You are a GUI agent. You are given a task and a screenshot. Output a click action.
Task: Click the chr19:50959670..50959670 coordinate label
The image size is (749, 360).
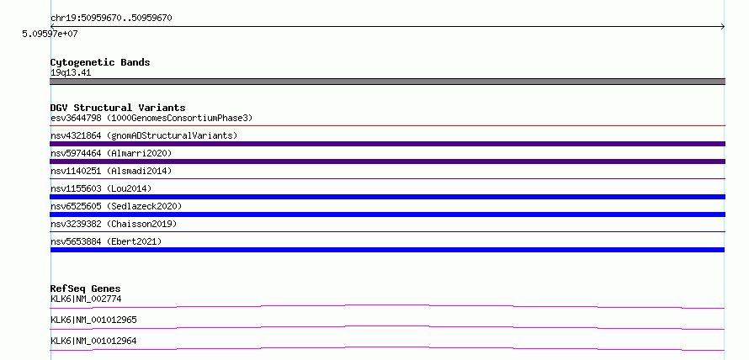click(111, 19)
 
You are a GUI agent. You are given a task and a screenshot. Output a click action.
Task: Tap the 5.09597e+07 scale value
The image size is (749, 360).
click(50, 34)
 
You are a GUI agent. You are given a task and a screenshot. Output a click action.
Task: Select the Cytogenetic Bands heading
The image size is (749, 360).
click(100, 62)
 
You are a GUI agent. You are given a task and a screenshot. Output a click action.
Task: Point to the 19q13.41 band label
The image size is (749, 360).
click(71, 73)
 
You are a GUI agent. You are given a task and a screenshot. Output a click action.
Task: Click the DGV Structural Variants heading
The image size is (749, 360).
click(118, 108)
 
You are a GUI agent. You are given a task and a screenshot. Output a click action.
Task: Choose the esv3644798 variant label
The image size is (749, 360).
click(151, 118)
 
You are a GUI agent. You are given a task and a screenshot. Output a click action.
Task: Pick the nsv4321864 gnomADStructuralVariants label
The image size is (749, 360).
click(144, 135)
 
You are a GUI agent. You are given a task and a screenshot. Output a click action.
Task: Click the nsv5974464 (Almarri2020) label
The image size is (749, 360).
click(111, 153)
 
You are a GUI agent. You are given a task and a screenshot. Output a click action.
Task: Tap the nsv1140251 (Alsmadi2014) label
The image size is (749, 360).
click(111, 171)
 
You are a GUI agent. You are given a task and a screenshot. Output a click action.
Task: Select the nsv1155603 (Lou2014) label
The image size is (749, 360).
click(101, 188)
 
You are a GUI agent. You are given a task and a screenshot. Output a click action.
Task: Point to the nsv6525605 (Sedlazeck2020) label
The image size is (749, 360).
click(116, 206)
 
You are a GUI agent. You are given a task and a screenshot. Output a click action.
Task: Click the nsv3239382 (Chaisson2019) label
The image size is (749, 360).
click(114, 224)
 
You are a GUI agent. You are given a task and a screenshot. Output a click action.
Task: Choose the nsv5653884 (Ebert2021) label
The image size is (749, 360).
click(106, 241)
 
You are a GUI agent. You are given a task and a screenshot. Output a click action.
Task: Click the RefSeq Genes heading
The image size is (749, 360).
click(85, 289)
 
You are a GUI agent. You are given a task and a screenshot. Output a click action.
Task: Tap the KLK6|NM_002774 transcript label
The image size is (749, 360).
click(86, 299)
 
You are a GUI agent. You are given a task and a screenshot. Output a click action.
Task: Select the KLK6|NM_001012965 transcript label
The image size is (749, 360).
click(93, 320)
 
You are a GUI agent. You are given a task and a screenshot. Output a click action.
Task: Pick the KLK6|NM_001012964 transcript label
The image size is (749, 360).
click(93, 341)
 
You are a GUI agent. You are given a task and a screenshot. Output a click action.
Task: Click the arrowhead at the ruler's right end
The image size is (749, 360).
click(723, 27)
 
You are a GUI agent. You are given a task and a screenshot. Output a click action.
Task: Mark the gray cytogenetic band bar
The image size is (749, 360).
click(387, 82)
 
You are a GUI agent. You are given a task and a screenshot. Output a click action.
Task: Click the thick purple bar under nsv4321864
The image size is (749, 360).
click(387, 144)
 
